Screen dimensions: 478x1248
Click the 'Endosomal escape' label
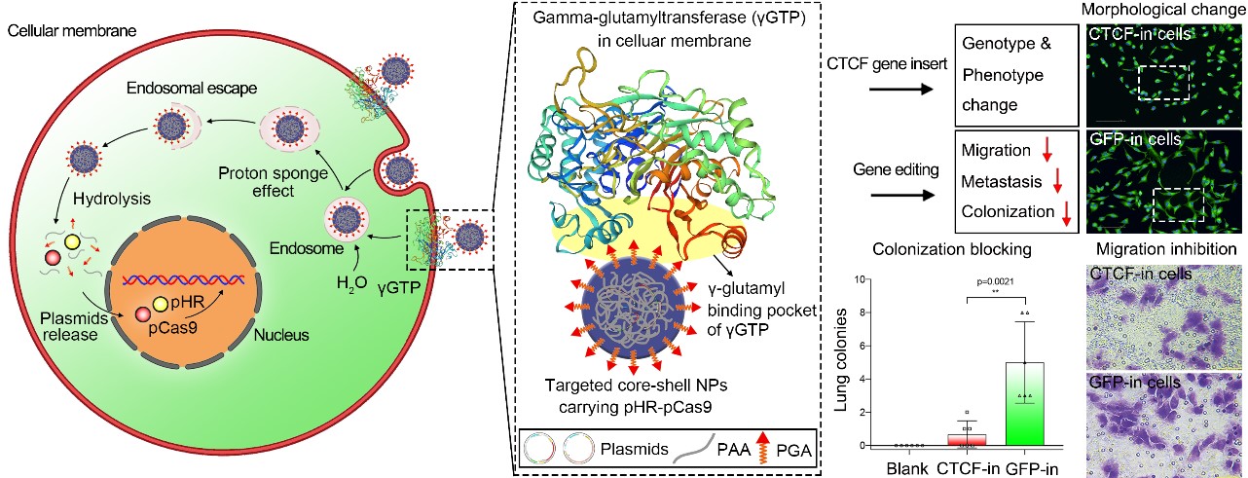[x=190, y=89]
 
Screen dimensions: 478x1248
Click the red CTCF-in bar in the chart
[x=966, y=439]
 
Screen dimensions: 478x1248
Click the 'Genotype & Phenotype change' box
[x=1014, y=73]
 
